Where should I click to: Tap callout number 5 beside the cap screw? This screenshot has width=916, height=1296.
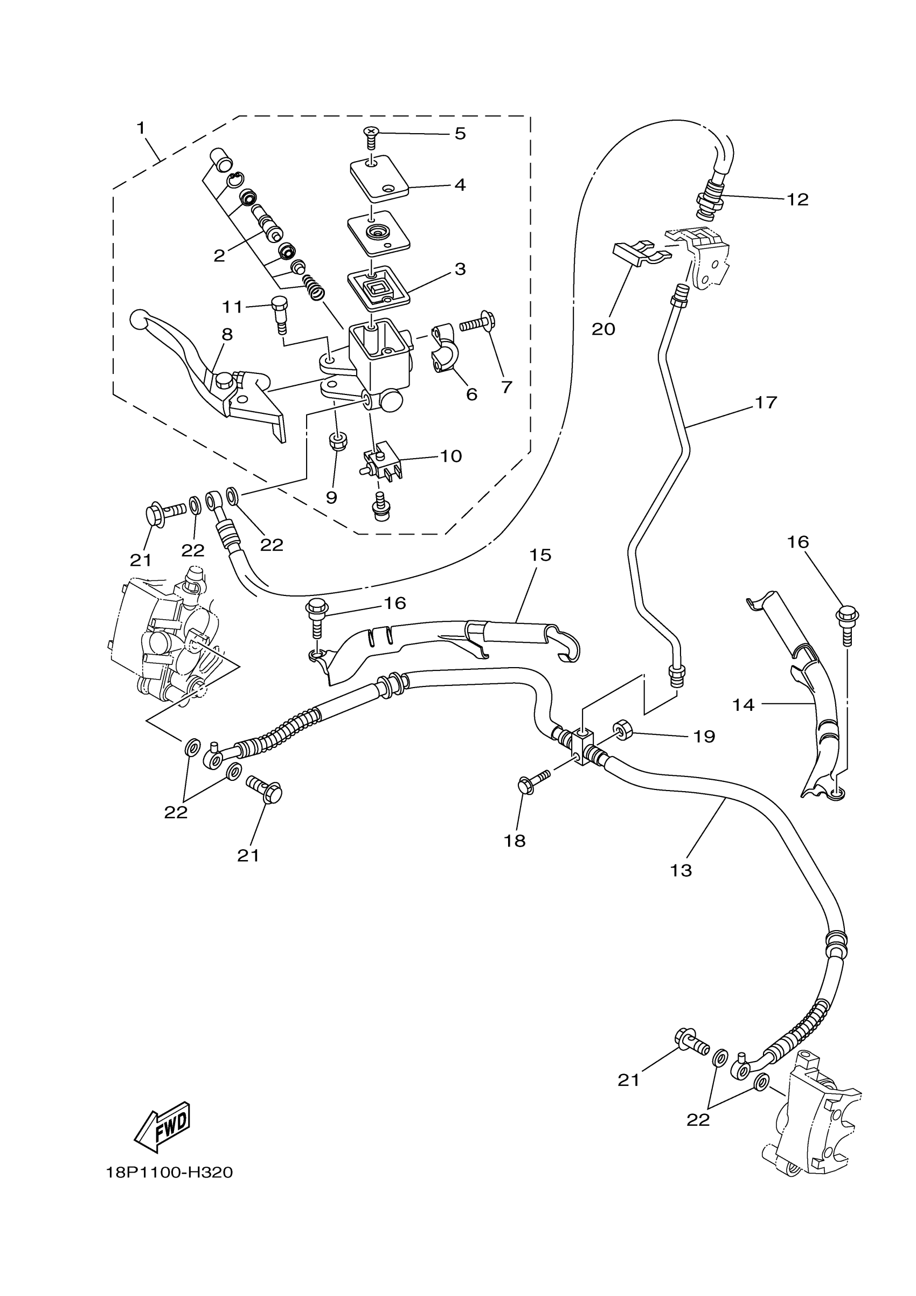tap(460, 134)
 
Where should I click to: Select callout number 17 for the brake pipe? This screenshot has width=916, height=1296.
tap(766, 403)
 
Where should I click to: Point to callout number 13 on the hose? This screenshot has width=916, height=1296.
tap(681, 870)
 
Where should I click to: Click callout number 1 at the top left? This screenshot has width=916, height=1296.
tap(141, 128)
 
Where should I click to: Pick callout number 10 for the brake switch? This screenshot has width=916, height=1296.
tap(450, 456)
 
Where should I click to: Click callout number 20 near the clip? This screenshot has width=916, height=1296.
tap(603, 329)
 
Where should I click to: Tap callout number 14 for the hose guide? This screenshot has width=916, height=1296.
tap(743, 705)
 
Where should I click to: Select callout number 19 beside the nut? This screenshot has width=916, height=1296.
tap(704, 736)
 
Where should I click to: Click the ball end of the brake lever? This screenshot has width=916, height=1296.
tap(138, 320)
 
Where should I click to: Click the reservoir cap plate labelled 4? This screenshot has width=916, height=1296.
tap(379, 178)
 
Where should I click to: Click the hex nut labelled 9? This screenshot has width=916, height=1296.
tap(338, 441)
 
